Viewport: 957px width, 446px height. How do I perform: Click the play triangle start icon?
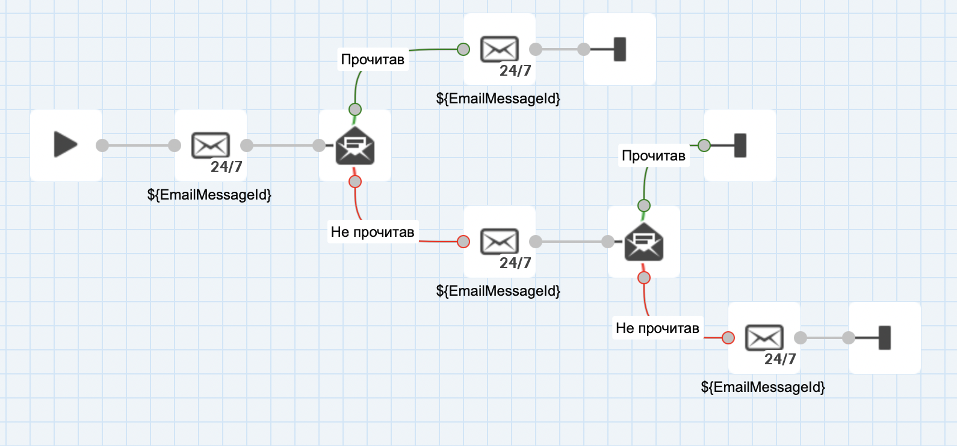[66, 145]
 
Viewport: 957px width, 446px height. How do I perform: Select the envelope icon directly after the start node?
[210, 145]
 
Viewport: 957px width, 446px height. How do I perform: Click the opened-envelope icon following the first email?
[355, 146]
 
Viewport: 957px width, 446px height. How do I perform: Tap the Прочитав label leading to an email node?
[373, 60]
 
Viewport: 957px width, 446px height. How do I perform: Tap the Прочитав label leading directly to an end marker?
[654, 156]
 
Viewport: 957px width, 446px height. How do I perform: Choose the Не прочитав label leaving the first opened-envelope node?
[373, 232]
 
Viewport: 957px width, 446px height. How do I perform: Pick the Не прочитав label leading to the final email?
[657, 328]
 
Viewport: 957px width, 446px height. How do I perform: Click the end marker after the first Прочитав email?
[619, 49]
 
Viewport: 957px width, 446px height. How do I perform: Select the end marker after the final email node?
[884, 338]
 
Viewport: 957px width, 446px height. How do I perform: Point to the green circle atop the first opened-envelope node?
[355, 109]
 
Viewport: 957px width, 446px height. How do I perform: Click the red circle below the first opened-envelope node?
[355, 182]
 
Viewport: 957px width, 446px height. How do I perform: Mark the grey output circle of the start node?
[102, 145]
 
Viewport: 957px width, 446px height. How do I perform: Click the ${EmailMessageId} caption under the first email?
[209, 195]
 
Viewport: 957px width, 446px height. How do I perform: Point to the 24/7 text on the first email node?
[226, 166]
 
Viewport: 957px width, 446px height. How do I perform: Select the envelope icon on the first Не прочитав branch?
[499, 241]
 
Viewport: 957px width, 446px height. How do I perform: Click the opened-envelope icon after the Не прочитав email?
[644, 242]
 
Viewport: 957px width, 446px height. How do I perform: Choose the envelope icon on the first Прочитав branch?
[499, 49]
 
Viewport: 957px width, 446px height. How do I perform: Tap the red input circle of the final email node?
[728, 338]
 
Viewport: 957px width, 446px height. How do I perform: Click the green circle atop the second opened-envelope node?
[644, 206]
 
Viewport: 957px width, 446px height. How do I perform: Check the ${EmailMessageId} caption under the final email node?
[763, 387]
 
